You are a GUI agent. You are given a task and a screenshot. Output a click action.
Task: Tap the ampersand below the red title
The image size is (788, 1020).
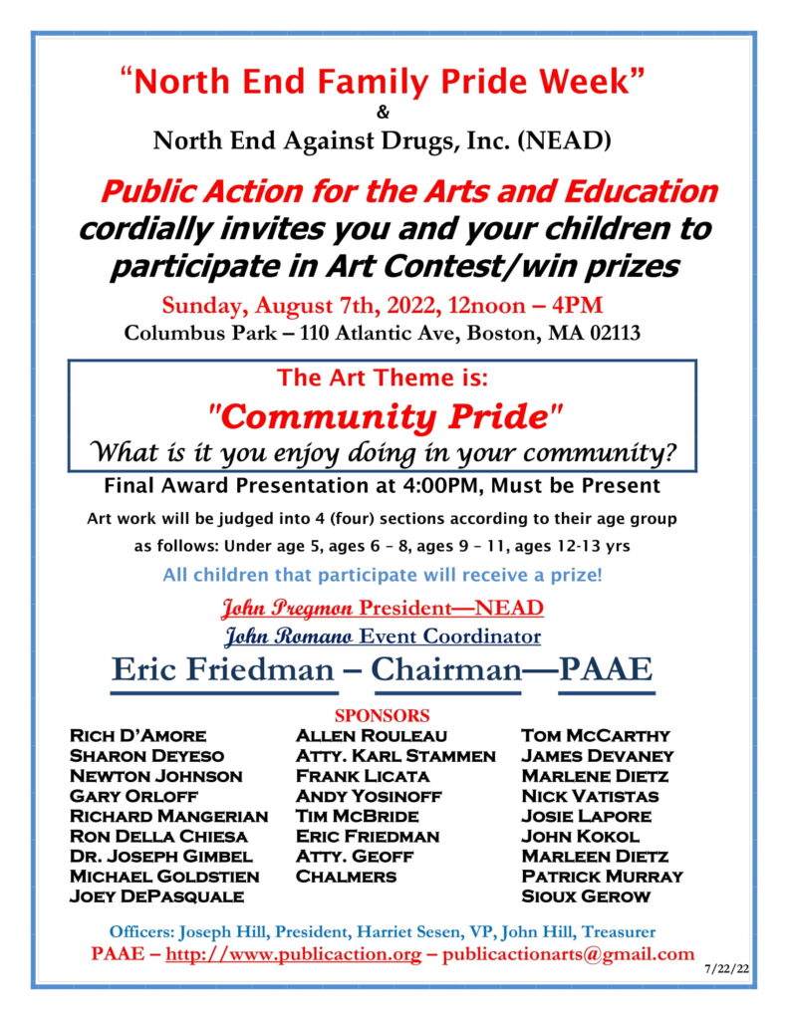click(384, 112)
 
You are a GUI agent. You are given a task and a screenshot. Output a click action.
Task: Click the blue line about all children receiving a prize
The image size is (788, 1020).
click(383, 575)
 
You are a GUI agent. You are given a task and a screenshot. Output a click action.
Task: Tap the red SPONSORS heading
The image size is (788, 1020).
click(383, 715)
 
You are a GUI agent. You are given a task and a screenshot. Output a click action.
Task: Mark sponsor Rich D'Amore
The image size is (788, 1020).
click(137, 735)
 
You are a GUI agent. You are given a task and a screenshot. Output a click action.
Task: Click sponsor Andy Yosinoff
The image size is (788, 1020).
click(369, 796)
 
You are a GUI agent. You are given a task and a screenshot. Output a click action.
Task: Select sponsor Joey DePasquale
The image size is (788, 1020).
click(157, 895)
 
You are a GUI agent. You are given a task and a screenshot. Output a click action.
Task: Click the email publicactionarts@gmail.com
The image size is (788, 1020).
click(568, 954)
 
